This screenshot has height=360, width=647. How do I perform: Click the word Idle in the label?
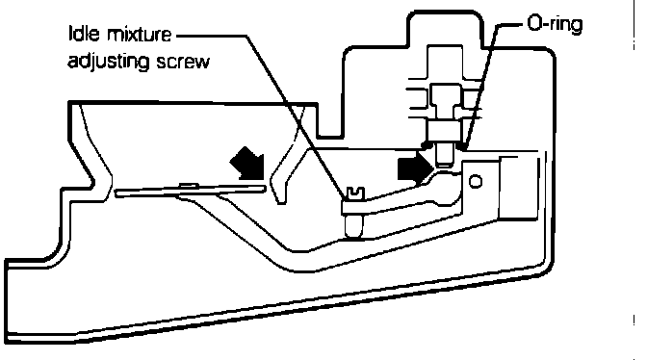(x=84, y=34)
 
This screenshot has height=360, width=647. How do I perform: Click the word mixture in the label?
(x=139, y=35)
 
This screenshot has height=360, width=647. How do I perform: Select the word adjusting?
(x=108, y=62)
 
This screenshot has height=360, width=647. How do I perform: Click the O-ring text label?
(x=556, y=24)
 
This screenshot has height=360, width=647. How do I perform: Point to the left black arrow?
(x=248, y=165)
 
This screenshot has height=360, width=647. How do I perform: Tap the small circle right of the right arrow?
(x=476, y=181)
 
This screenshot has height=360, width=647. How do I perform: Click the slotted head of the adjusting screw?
(x=355, y=193)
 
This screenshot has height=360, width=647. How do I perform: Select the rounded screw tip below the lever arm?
(x=354, y=226)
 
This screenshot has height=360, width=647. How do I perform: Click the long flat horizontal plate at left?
(x=191, y=190)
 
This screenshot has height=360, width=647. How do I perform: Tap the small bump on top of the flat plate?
(x=189, y=185)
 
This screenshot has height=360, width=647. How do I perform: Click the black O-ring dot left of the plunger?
(x=427, y=145)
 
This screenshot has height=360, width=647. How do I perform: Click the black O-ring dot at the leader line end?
(x=463, y=145)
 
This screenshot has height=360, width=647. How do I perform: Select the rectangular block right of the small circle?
(x=519, y=188)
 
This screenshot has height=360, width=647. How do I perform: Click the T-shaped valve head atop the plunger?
(x=446, y=101)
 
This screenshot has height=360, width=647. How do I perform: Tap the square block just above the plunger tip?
(x=445, y=130)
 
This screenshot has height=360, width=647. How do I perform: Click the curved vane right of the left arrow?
(x=287, y=157)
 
